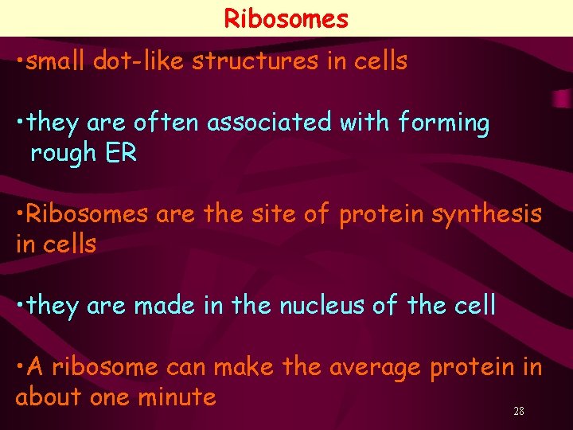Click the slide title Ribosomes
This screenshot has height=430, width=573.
click(286, 18)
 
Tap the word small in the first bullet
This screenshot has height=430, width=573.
click(56, 61)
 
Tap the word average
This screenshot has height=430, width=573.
click(374, 367)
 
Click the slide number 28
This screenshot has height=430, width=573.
click(519, 411)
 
